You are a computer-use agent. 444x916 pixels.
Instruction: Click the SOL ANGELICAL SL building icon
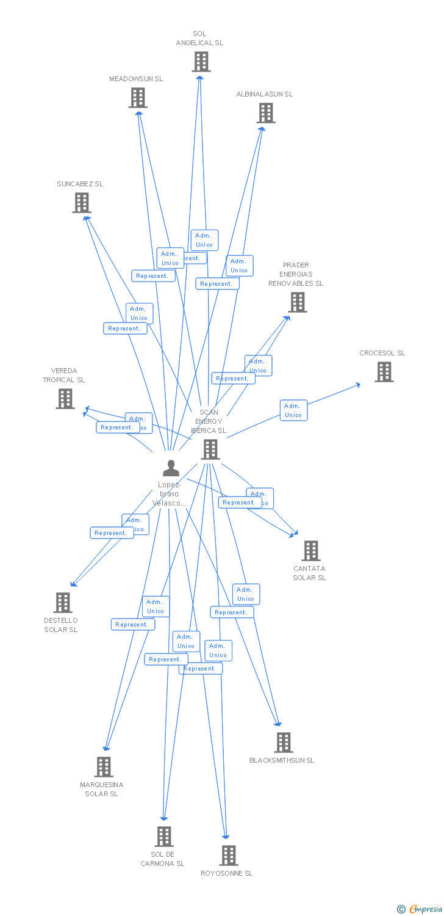(x=201, y=62)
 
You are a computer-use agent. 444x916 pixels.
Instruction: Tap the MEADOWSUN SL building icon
(x=138, y=98)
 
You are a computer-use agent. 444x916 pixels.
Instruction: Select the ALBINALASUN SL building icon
(x=266, y=113)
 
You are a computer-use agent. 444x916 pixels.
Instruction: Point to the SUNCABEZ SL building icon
(x=82, y=203)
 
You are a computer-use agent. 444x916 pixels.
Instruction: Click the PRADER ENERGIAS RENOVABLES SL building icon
(x=297, y=302)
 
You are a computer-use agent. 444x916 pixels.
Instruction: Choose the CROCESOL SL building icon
(x=384, y=372)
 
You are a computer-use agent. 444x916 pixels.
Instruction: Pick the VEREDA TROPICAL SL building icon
(x=65, y=399)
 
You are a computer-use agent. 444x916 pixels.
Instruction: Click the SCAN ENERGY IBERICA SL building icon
(x=210, y=449)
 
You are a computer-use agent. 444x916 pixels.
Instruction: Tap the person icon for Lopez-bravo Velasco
(x=171, y=468)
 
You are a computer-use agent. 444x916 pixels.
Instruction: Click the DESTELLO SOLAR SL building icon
(x=63, y=603)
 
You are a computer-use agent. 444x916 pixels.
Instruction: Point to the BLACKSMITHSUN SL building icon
(x=284, y=743)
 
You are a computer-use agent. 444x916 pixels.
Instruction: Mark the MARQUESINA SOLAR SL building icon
(x=104, y=767)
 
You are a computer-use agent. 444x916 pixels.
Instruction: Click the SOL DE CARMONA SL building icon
(x=164, y=837)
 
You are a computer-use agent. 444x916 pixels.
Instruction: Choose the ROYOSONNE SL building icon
(x=229, y=856)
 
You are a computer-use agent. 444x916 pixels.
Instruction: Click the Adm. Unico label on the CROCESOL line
(x=293, y=410)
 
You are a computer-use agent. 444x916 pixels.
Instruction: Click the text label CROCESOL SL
(x=382, y=353)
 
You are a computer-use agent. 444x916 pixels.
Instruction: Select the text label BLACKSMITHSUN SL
(x=282, y=760)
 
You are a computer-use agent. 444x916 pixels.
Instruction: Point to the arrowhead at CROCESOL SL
(x=358, y=384)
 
